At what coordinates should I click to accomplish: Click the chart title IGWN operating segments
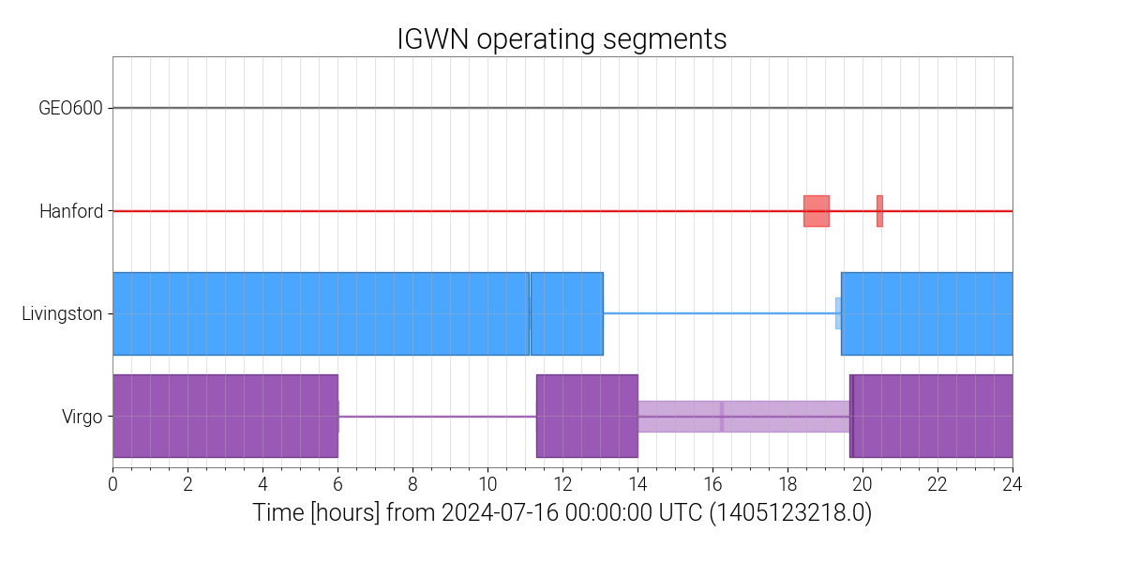point(562,39)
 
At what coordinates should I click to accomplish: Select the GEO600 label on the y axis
point(70,108)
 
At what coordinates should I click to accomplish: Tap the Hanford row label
point(70,211)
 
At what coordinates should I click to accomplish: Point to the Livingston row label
point(62,313)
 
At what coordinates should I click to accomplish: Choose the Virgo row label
point(82,417)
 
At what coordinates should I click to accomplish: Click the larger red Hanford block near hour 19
point(817,210)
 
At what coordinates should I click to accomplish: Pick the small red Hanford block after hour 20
point(879,210)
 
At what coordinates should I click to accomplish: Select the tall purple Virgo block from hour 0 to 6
point(225,416)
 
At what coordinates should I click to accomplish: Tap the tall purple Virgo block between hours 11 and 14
point(587,416)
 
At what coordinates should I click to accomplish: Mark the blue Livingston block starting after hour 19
point(926,313)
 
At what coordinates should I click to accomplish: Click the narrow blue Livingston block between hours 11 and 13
point(567,313)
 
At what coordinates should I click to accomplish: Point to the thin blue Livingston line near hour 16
point(712,313)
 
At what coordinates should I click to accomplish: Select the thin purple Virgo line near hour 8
point(412,416)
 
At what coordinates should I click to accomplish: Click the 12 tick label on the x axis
point(562,484)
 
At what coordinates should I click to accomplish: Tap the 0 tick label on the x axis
point(112,484)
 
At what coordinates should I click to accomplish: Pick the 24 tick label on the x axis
point(1012,484)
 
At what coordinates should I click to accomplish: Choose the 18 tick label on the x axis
point(787,484)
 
